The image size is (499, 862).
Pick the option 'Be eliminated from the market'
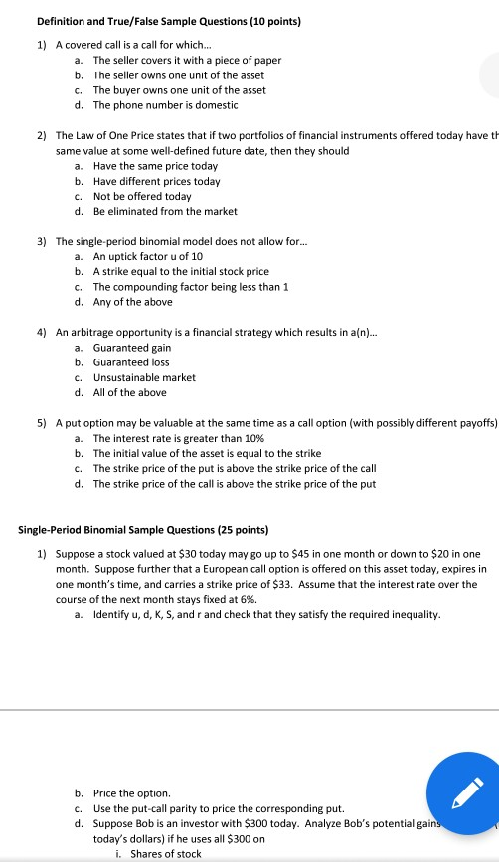point(163,211)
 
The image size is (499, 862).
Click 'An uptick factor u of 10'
point(148,257)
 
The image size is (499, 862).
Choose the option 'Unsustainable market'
point(144,377)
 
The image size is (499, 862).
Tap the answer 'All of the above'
point(129,392)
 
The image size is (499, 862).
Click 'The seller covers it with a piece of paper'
point(187,61)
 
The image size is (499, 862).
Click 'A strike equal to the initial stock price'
point(181,272)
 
